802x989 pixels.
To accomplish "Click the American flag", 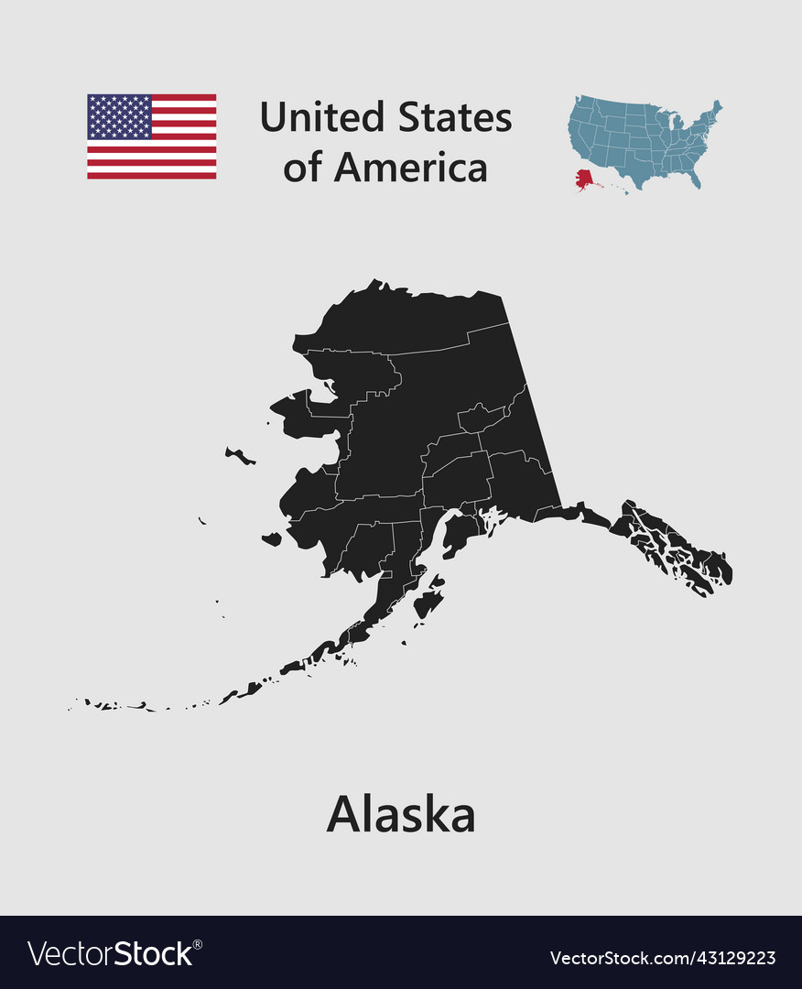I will pos(152,136).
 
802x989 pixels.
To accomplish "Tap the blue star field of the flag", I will pos(119,116).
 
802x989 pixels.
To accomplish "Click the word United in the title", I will pos(320,117).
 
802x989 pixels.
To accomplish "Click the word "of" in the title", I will pos(302,168).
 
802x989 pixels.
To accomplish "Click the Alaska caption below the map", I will pos(401,814).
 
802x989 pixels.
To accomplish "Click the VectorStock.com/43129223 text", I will pos(662,958).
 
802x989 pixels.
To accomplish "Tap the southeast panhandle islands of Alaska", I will pos(677,549).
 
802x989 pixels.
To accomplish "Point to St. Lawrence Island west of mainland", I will pos(240,455).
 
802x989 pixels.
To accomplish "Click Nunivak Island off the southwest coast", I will pos(272,539).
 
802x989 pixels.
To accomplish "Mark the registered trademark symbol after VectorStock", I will pos(198,943).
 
